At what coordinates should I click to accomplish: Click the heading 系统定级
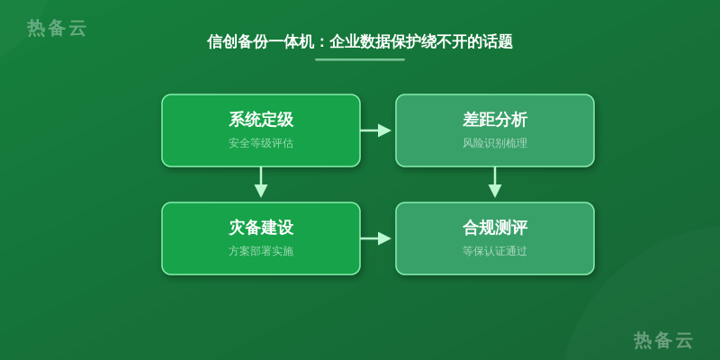coord(261,120)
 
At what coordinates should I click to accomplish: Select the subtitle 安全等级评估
coord(261,143)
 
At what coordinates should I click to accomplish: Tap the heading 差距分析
coord(494,120)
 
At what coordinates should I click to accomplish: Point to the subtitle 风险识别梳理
coord(494,143)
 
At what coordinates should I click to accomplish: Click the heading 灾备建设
coord(261,228)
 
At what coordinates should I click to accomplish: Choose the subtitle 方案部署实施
coord(261,251)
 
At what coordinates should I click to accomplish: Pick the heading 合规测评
coord(494,228)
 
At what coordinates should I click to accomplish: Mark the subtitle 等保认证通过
coord(494,251)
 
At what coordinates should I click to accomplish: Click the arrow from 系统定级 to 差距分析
coord(375,130)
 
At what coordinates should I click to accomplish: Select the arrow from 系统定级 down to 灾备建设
coord(261,183)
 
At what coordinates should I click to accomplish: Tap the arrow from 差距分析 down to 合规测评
coord(494,183)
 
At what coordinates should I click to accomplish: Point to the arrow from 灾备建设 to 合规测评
coord(375,238)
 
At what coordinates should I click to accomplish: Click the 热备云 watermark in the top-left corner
coord(57,28)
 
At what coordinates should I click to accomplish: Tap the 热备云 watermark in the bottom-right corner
coord(663,340)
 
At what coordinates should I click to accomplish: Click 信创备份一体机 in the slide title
coord(260,41)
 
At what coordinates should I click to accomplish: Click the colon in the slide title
coord(321,42)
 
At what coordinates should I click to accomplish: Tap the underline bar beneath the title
coord(360,59)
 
